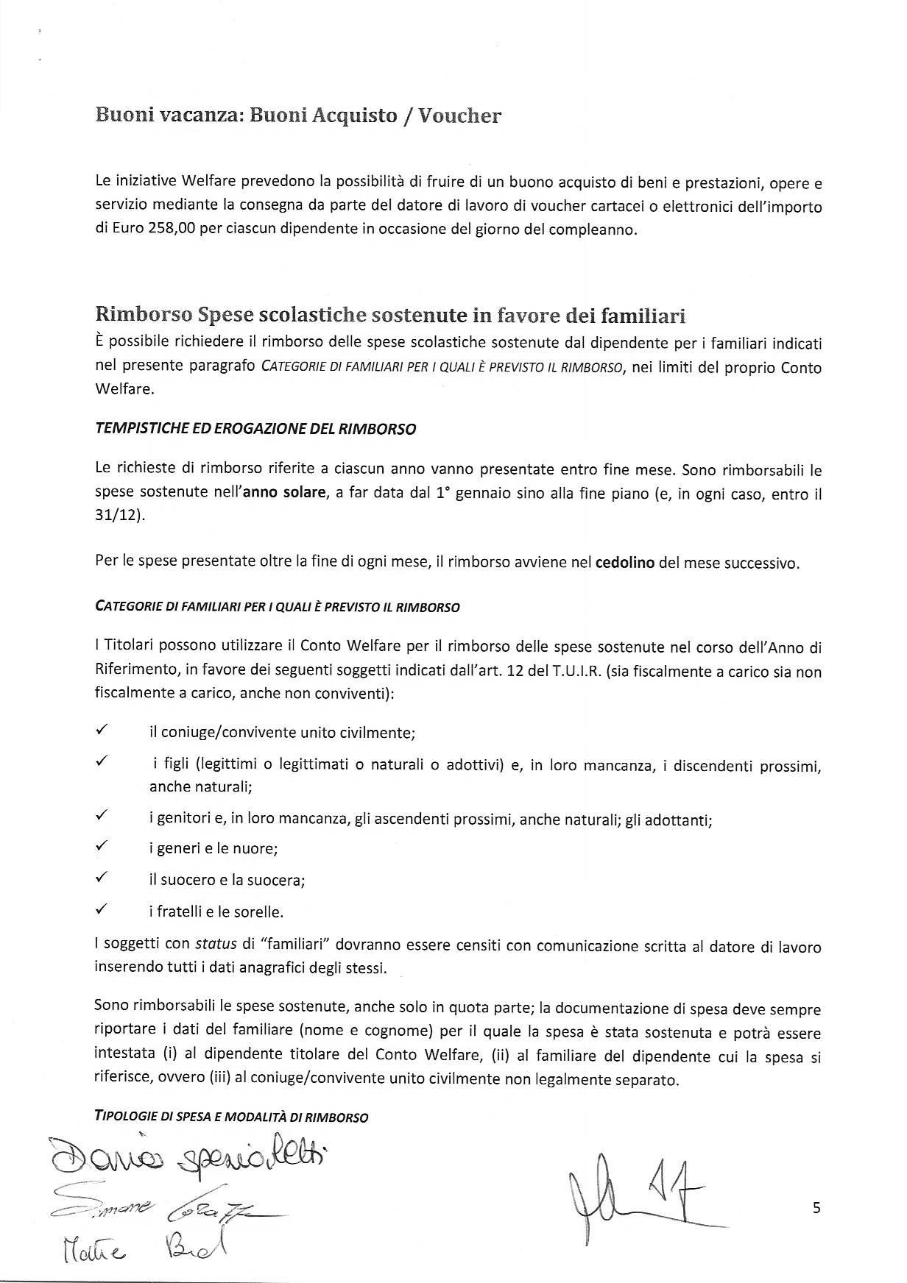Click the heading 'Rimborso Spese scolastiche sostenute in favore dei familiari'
pyautogui.click(x=390, y=316)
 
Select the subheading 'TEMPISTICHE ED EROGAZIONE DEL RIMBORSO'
pyautogui.click(x=255, y=429)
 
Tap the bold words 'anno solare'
pyautogui.click(x=289, y=493)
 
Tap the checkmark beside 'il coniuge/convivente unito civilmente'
pyautogui.click(x=102, y=731)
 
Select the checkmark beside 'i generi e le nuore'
pyautogui.click(x=102, y=847)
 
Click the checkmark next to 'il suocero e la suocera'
pyautogui.click(x=102, y=878)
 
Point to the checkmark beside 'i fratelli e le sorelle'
pyautogui.click(x=102, y=910)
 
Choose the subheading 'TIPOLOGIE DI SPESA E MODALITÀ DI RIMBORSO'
pyautogui.click(x=232, y=1117)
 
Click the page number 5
pyautogui.click(x=816, y=1207)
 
